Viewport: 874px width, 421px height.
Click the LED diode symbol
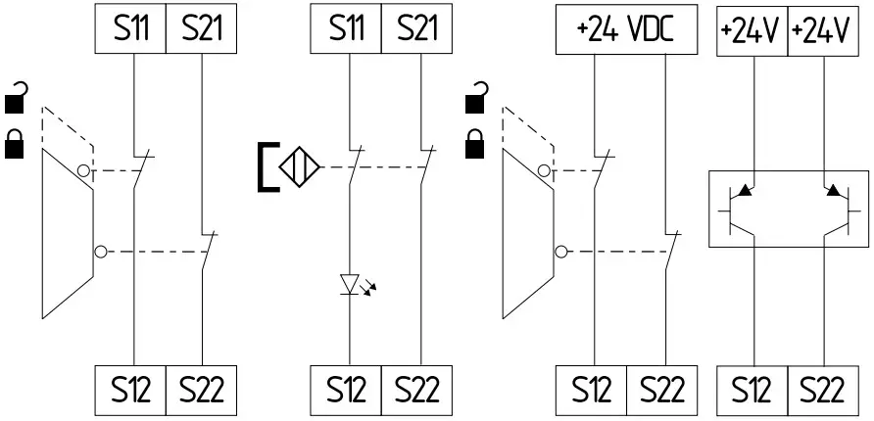click(x=351, y=284)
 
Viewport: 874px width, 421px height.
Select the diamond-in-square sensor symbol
click(x=300, y=165)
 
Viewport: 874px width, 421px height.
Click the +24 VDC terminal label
click(x=626, y=29)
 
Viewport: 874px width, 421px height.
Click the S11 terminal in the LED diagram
click(x=345, y=29)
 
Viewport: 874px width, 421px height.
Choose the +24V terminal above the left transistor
click(x=752, y=29)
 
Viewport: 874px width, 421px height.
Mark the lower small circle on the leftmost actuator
click(x=100, y=252)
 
